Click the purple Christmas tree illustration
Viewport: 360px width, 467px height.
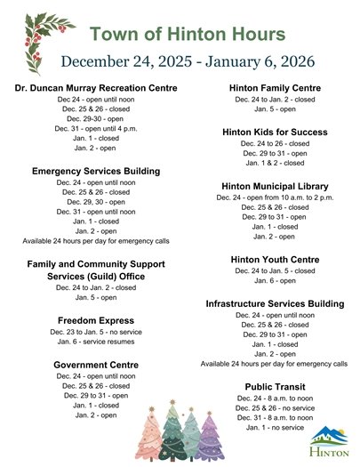(x=210, y=436)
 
